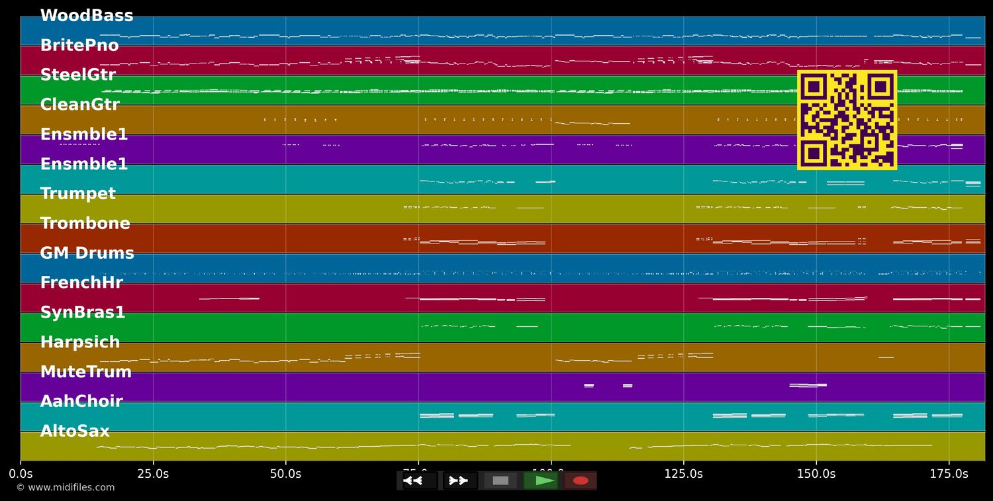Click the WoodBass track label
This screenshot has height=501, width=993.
[87, 16]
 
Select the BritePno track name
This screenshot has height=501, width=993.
[79, 46]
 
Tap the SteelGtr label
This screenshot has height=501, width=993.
[78, 75]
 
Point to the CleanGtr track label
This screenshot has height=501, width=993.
[80, 105]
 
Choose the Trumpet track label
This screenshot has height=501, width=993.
[78, 194]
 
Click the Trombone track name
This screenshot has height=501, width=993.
[85, 224]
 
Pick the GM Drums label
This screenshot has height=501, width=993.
[87, 253]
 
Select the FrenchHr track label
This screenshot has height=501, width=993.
[81, 283]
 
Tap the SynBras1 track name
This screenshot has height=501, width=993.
[83, 312]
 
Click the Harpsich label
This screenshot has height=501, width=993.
[80, 342]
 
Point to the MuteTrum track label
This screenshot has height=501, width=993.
[86, 372]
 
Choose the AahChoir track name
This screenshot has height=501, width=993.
[81, 402]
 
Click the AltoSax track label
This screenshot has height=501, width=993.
[75, 432]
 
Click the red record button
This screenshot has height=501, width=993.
[581, 480]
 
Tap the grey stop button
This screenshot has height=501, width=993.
[500, 480]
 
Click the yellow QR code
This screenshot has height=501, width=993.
[847, 120]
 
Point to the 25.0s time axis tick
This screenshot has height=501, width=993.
[153, 474]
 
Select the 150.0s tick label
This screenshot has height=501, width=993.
[816, 474]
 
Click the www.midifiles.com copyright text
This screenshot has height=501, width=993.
[66, 488]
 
